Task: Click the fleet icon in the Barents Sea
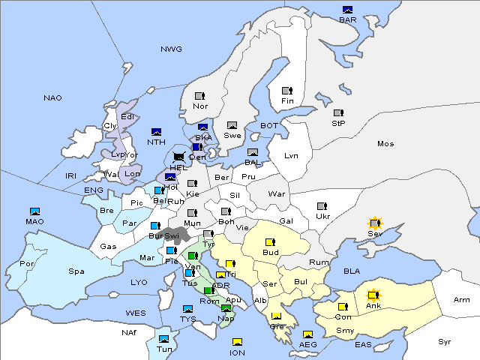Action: coord(347,10)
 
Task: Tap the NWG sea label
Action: coord(171,49)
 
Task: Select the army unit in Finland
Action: coord(286,91)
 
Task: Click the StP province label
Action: coord(337,123)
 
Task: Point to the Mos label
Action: coord(385,143)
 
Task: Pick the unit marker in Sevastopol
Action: coord(374,223)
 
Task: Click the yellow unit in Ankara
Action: coord(373,295)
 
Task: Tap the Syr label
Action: coord(445,341)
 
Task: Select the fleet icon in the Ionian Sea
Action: coord(237,343)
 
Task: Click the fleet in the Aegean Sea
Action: coord(307,334)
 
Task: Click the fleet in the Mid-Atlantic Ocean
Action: coord(34,211)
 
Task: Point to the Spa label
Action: coord(76,271)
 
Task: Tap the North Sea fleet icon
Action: coord(156,132)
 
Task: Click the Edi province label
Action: coord(128,116)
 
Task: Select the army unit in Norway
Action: coord(199,96)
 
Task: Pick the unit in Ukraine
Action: coord(322,206)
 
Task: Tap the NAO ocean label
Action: coord(52,97)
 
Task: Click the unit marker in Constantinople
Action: coord(343,307)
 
